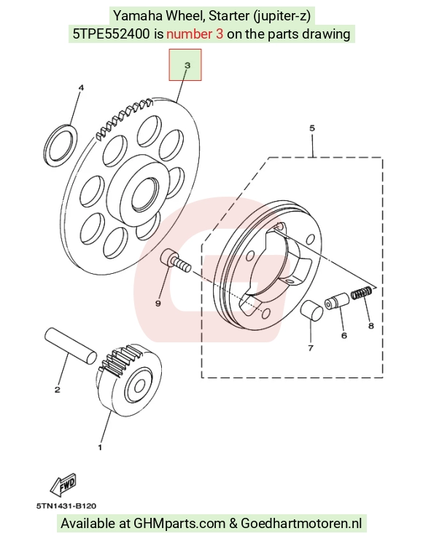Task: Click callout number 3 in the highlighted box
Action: coord(187,65)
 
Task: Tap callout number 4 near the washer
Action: coord(81,87)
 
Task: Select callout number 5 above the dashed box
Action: coord(312,128)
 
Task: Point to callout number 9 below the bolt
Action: coord(158,303)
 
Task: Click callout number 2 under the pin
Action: coord(58,389)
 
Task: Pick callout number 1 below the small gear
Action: coord(100,447)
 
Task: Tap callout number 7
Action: coord(311,348)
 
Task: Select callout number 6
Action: coord(344,335)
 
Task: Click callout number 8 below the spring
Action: coord(370,325)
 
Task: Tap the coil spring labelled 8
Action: coord(362,293)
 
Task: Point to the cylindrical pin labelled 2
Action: coord(71,345)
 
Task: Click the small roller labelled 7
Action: coord(312,310)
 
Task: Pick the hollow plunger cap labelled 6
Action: coord(337,301)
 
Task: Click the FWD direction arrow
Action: coord(63,485)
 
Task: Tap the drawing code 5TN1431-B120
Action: coord(66,505)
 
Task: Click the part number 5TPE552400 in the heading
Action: coord(111,34)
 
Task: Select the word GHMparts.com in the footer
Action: coord(179,524)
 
